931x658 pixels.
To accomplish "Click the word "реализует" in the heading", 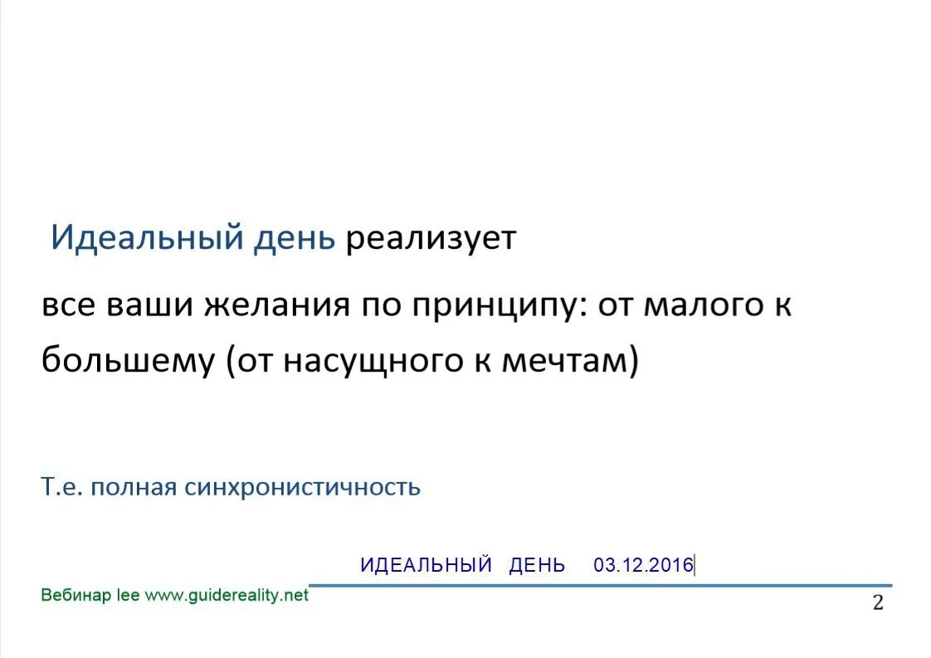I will [431, 239].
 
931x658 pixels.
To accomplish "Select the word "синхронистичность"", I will [302, 487].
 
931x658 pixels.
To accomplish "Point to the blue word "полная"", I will [134, 487].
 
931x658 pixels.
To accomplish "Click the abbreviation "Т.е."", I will [63, 487].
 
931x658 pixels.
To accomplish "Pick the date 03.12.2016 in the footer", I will [642, 566].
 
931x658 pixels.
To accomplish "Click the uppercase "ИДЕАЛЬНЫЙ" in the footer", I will [427, 566].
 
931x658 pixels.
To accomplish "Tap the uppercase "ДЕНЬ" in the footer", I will [537, 566].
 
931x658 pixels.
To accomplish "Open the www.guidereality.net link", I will [227, 595].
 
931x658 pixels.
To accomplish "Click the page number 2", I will [877, 603].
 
